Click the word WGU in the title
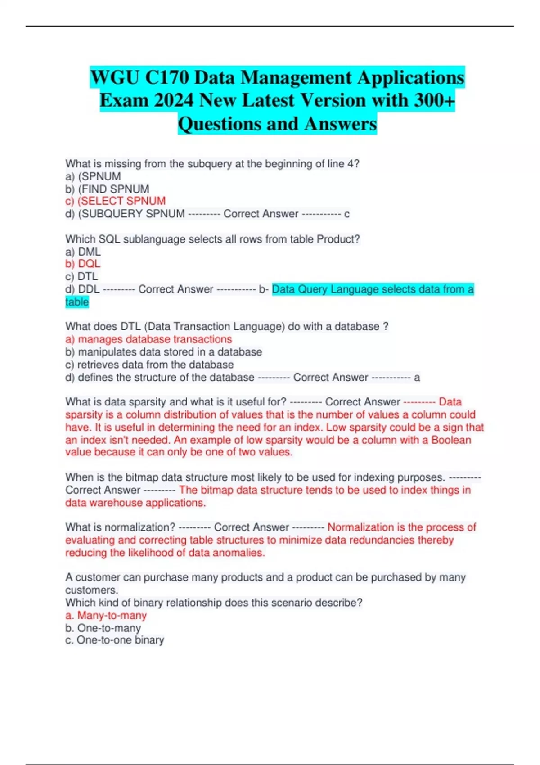(x=115, y=78)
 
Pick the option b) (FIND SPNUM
(x=107, y=189)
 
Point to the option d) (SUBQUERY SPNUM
(x=125, y=214)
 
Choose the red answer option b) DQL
(x=83, y=264)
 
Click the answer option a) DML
(x=83, y=252)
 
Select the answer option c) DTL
(x=81, y=276)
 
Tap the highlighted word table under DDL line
(x=77, y=302)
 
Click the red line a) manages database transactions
(x=148, y=339)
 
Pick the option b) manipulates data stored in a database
(x=163, y=352)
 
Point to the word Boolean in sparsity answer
(x=451, y=440)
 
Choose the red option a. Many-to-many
(x=106, y=615)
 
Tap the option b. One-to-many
(x=103, y=628)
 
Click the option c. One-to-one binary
(x=115, y=640)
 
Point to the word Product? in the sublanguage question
(x=338, y=239)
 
